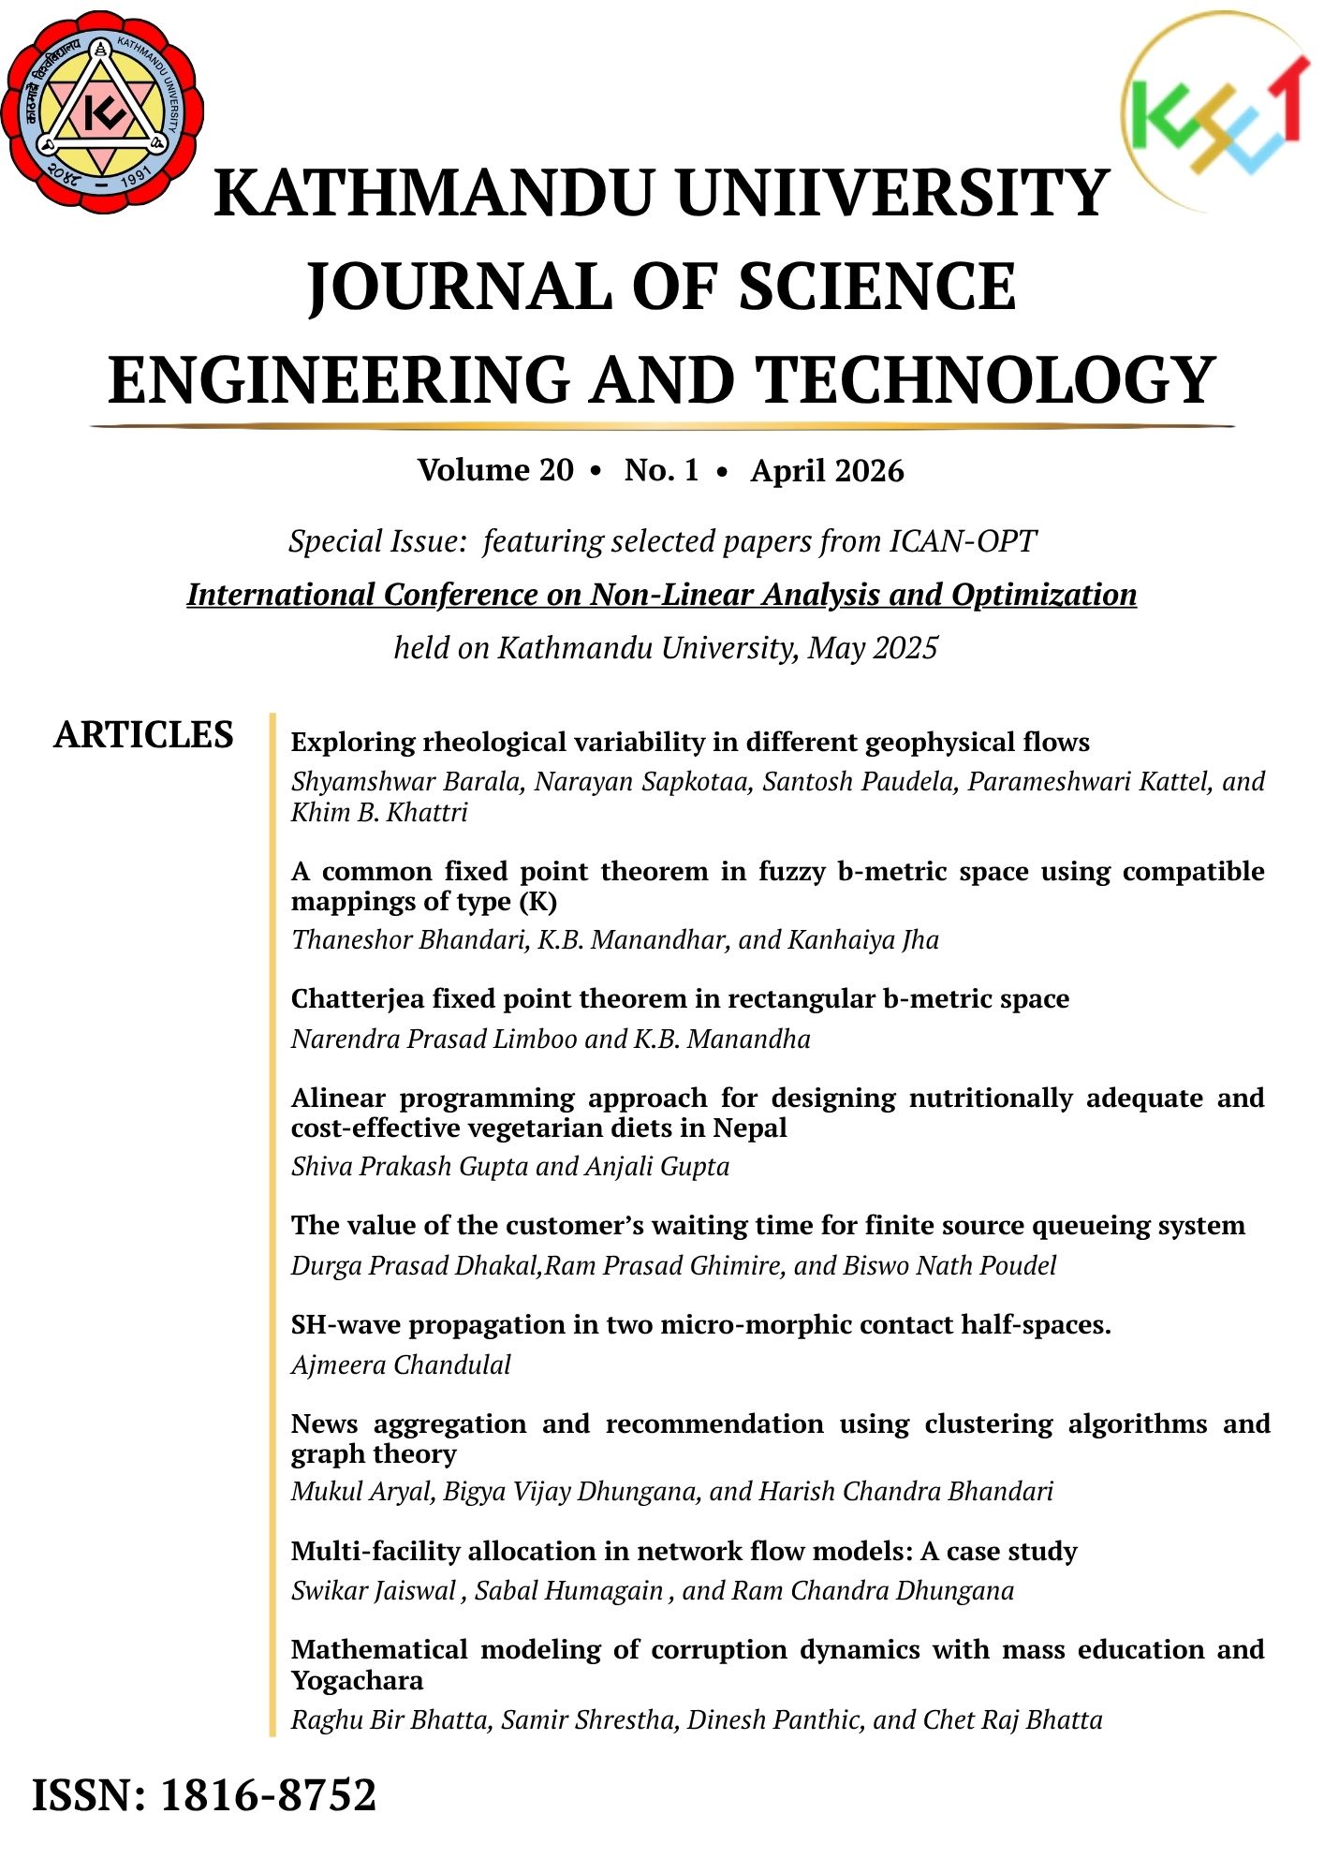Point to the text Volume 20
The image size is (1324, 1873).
(x=495, y=470)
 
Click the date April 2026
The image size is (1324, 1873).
(x=827, y=470)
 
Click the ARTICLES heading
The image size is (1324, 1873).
(x=143, y=735)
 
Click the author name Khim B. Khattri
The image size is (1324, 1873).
(x=379, y=812)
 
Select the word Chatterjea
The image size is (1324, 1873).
(x=358, y=999)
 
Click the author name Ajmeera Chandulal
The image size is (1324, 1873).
(x=401, y=1364)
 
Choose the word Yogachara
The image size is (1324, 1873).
(x=357, y=1680)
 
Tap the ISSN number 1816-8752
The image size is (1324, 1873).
(x=269, y=1795)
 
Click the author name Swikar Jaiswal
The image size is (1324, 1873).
(x=374, y=1590)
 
